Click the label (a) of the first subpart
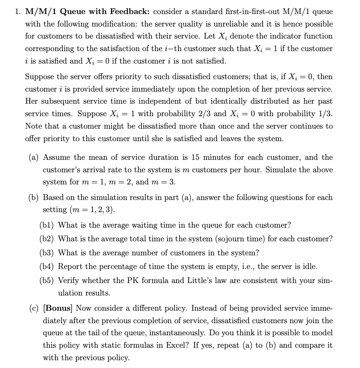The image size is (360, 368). pyautogui.click(x=34, y=157)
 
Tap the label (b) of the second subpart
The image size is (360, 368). pyautogui.click(x=34, y=197)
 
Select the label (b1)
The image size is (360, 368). pyautogui.click(x=48, y=225)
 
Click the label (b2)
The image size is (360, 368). pyautogui.click(x=48, y=239)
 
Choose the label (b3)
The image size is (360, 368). pyautogui.click(x=48, y=253)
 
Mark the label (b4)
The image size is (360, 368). pyautogui.click(x=48, y=267)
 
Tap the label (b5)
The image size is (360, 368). pyautogui.click(x=48, y=280)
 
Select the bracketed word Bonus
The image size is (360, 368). pyautogui.click(x=60, y=308)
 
